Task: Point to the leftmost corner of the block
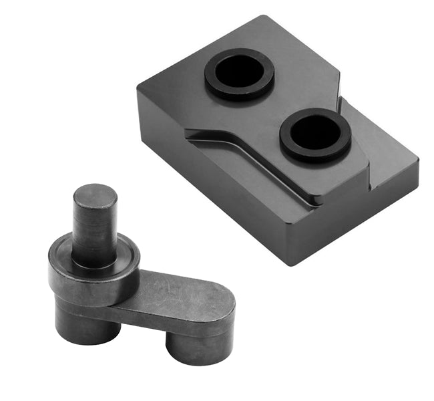(x=138, y=90)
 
